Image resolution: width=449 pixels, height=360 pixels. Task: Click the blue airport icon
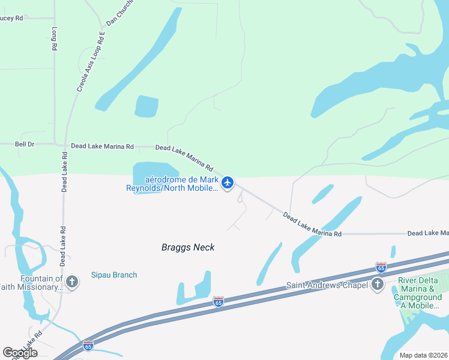coord(227,182)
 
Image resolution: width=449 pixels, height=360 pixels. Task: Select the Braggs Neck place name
coord(188,247)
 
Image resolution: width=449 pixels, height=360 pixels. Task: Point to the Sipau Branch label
coord(114,275)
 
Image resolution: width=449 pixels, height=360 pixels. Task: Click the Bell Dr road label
coord(25,145)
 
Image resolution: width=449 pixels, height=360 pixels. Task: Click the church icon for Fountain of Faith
coord(72,281)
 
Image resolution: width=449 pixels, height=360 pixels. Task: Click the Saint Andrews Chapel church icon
coord(378,284)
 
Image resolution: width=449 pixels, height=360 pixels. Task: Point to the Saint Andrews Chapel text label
coord(327,285)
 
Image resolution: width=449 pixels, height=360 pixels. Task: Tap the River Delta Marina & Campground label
coord(420,293)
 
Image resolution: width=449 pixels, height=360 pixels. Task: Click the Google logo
coord(20,353)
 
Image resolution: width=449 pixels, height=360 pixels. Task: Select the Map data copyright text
coord(423,355)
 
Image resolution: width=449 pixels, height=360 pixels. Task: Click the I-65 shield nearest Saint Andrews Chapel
coord(381,267)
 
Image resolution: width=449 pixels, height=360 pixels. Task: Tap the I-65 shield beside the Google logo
coord(88,346)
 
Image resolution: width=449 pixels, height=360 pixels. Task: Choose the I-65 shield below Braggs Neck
coord(218,301)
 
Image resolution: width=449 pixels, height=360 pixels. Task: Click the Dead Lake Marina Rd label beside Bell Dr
coord(102,146)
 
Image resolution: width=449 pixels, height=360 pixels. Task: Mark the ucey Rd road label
coord(11,19)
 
